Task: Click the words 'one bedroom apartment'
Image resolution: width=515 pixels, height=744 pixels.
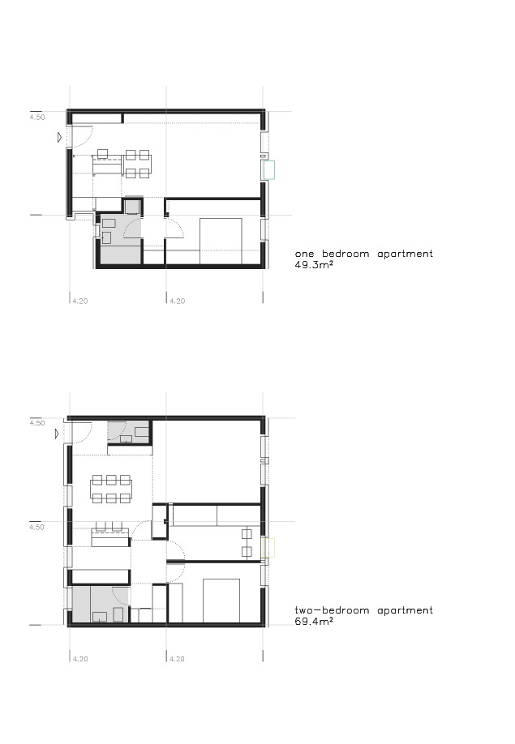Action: [x=363, y=254]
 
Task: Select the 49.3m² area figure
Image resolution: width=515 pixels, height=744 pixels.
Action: [x=314, y=265]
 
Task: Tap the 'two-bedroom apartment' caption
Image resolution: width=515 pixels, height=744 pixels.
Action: [x=363, y=610]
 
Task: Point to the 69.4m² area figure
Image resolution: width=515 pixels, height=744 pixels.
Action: [x=314, y=621]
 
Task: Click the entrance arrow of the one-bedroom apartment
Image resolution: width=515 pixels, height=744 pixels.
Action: [x=59, y=138]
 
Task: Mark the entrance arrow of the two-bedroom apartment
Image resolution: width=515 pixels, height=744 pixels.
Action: [x=57, y=434]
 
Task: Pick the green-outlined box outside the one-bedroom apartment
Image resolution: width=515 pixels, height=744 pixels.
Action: [x=268, y=170]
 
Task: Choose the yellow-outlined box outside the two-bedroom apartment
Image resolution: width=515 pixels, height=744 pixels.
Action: [x=268, y=548]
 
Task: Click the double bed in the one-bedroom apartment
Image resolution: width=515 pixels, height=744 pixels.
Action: [x=221, y=241]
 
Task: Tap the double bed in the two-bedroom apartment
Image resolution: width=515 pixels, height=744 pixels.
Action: [x=221, y=601]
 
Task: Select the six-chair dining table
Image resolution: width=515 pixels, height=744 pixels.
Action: [x=111, y=489]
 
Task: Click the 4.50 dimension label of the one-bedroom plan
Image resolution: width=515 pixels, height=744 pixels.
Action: [x=37, y=118]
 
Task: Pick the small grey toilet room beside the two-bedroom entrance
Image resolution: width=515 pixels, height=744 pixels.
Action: [x=129, y=432]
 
